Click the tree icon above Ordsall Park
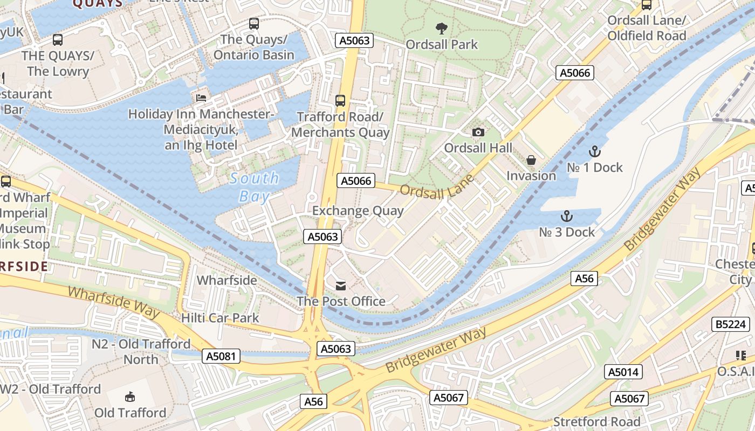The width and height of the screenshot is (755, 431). point(442,28)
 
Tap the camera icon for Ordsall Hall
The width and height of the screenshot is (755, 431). point(478,133)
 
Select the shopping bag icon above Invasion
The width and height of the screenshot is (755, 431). point(531,161)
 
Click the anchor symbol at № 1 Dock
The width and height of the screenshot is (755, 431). point(594,151)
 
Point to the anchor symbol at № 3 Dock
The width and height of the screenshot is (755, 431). point(567,217)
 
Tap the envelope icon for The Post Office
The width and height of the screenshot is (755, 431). point(341,286)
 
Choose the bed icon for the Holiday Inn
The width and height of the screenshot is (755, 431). point(201,98)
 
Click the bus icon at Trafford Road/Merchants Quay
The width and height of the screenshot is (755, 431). point(340,100)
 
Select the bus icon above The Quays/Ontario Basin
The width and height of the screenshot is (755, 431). point(254,24)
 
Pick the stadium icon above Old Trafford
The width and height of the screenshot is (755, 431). point(130,397)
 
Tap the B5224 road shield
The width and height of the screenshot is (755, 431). point(731,324)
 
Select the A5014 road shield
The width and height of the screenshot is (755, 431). point(623,372)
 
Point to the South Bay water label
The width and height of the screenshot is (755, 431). point(254,187)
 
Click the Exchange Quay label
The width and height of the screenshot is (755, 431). point(358,211)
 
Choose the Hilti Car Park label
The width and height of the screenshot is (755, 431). point(220,318)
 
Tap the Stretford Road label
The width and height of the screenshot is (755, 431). point(597,422)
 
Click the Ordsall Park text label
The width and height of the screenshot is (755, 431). point(442,44)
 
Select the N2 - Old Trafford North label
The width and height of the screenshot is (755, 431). point(141,351)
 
